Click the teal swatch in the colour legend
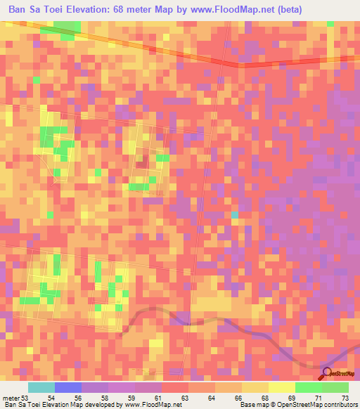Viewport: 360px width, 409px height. [41, 387]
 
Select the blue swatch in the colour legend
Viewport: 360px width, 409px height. [68, 387]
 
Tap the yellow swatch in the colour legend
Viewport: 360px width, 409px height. [282, 387]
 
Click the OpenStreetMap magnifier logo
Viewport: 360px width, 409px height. [328, 373]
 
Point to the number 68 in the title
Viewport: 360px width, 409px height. [140, 8]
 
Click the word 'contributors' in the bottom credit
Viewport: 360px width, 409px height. [341, 404]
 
